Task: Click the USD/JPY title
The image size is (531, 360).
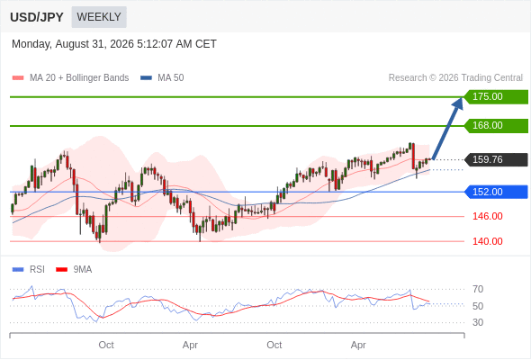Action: pos(37,17)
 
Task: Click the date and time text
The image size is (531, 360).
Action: pos(113,44)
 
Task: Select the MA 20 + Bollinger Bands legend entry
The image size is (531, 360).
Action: pos(70,78)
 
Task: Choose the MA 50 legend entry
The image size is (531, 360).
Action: pos(162,78)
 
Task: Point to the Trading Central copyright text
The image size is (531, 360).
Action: pos(455,78)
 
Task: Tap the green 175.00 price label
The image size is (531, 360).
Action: pos(496,97)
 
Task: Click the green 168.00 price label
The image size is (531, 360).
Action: pos(496,126)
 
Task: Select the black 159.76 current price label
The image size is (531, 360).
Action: pos(496,159)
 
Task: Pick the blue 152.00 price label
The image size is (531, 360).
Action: pos(496,192)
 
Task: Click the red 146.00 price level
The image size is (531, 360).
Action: pos(488,216)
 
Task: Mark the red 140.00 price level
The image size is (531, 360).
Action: pos(488,241)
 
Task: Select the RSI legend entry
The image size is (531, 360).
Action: pos(29,270)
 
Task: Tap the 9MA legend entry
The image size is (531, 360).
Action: pos(74,270)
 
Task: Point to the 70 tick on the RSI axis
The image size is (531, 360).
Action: pos(478,289)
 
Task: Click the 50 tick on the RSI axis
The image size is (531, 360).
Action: pos(478,306)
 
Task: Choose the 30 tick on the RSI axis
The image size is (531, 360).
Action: pos(478,322)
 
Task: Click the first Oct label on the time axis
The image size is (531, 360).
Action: pos(106,345)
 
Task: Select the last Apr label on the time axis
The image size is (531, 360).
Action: pos(358,345)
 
